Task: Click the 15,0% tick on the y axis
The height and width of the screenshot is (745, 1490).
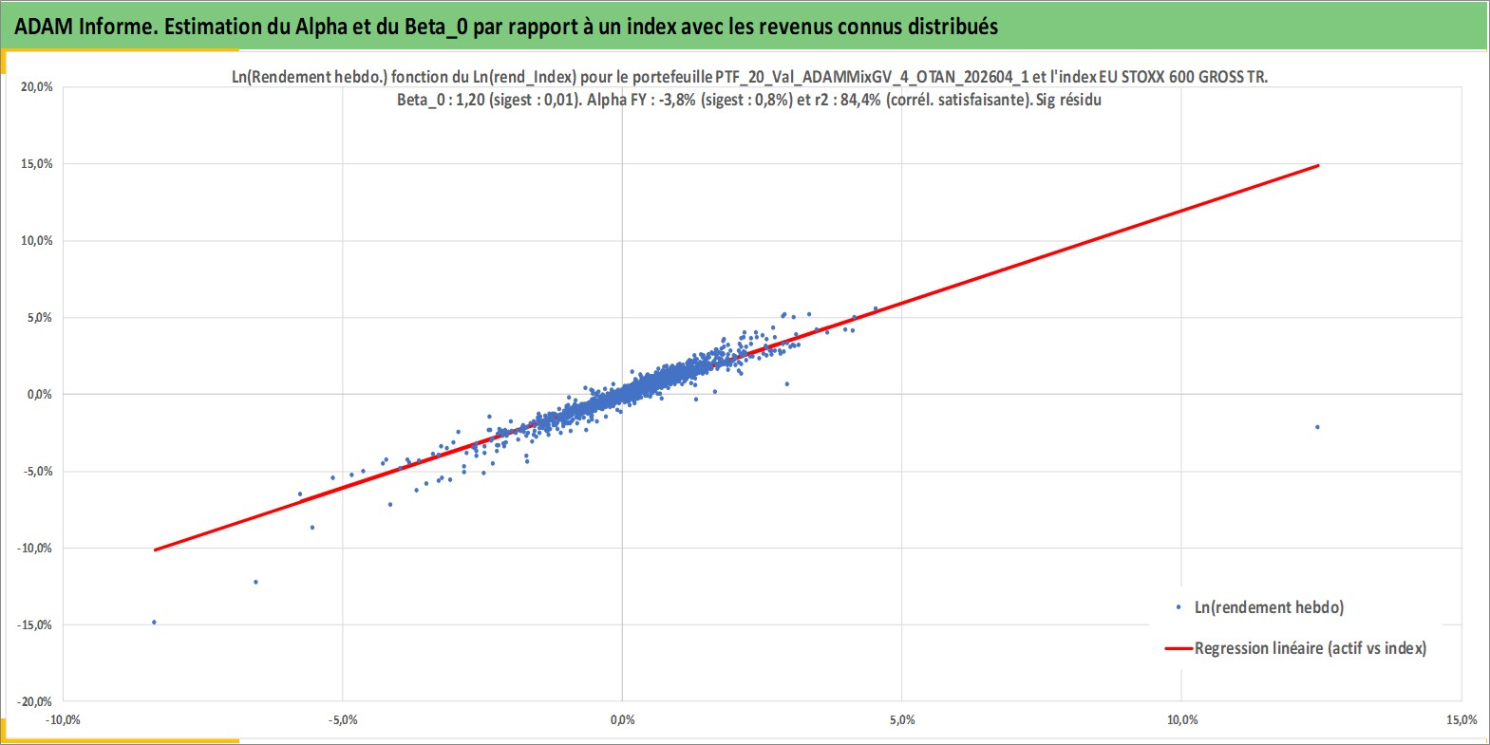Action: [37, 164]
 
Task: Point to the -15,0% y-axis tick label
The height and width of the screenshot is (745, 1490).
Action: [34, 625]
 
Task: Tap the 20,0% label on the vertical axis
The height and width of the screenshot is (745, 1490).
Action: [37, 87]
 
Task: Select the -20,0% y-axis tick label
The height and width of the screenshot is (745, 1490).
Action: [34, 701]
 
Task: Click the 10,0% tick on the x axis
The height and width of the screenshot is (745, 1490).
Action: [1182, 719]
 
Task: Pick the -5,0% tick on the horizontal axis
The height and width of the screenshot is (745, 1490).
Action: [343, 719]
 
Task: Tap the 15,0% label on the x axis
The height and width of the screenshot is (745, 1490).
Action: [1462, 719]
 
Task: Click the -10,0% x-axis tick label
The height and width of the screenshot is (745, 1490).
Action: [63, 719]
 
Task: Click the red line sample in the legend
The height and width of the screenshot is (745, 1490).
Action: [1179, 648]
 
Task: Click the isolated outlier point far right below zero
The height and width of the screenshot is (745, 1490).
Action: [1317, 427]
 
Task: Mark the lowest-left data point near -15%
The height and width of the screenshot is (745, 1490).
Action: [155, 622]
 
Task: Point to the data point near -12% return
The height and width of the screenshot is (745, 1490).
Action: [256, 582]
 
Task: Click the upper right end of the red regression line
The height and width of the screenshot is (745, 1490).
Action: [1318, 165]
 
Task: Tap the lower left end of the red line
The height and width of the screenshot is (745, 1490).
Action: [155, 549]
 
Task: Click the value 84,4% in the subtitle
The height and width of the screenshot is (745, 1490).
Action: [860, 101]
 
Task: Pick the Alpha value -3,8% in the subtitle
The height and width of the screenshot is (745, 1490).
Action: [677, 101]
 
